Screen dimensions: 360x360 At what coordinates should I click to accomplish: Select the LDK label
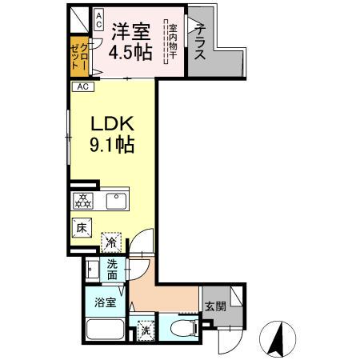[110, 126]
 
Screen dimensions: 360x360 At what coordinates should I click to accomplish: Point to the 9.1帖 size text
[110, 146]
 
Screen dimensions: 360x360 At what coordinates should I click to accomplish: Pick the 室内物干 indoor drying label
[173, 42]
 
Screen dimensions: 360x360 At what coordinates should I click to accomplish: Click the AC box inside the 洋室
[98, 19]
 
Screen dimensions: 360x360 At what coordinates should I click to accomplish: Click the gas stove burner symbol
[82, 200]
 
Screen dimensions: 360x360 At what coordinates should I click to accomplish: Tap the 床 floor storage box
[82, 228]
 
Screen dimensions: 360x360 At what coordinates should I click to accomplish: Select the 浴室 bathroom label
[105, 302]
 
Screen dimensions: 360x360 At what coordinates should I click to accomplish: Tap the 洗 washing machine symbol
[145, 328]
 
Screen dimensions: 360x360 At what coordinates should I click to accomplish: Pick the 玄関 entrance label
[214, 305]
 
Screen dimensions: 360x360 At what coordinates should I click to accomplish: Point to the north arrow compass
[278, 339]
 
